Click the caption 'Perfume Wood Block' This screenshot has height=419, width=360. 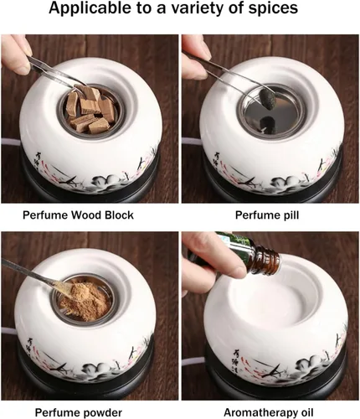78,215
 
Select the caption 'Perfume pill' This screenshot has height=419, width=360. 267,215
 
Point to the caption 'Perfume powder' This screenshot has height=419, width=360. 79,412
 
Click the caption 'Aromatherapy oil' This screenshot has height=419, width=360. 269,412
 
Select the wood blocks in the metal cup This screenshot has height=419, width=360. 89,110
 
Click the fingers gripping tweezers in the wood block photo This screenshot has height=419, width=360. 16,54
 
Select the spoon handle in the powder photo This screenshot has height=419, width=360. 28,272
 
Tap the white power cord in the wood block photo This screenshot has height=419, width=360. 11,145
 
